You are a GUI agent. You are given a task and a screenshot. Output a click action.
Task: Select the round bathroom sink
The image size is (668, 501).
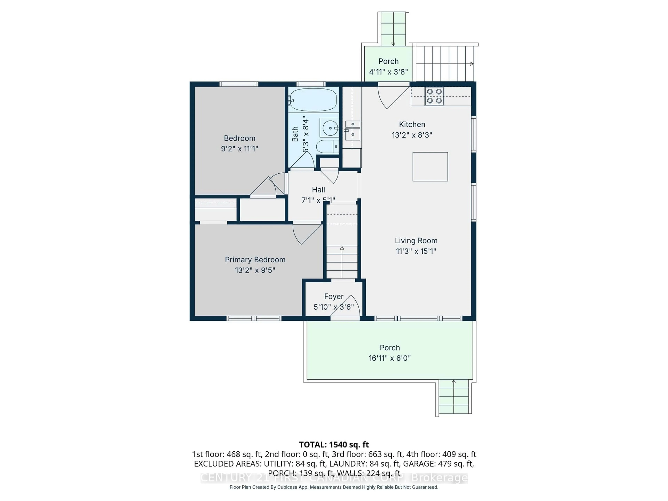click(330, 128)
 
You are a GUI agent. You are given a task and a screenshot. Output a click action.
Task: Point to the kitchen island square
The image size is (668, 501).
click(430, 167)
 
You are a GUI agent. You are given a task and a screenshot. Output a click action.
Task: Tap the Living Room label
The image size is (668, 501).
click(416, 241)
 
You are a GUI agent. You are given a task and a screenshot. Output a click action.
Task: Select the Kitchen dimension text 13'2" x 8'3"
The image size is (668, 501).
click(412, 135)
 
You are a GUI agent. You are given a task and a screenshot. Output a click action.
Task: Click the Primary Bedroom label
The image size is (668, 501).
click(255, 260)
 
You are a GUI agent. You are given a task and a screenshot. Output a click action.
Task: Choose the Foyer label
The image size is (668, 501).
click(334, 297)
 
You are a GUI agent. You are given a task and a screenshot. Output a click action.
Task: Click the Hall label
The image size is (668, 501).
click(318, 190)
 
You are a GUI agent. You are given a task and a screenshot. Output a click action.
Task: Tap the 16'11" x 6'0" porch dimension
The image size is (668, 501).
click(389, 358)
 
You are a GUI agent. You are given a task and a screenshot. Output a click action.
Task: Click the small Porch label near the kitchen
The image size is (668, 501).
click(388, 61)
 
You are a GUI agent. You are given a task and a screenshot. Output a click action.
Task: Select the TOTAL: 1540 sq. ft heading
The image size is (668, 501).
click(334, 444)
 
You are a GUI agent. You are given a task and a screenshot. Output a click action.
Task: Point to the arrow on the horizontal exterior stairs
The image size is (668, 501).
click(471, 64)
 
